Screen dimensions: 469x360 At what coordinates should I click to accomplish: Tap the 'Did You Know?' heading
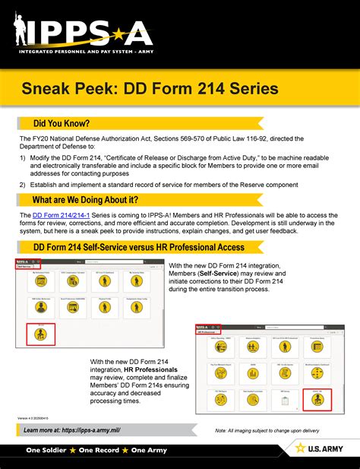62,124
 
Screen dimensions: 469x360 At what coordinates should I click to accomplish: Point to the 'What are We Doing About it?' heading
85,200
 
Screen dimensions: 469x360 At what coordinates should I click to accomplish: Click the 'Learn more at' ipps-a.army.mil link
72,430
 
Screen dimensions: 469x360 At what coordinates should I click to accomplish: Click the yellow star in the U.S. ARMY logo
300,448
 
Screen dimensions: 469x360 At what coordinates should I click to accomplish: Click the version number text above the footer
33,418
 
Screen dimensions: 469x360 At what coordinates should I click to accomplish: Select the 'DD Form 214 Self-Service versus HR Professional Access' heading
138,247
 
